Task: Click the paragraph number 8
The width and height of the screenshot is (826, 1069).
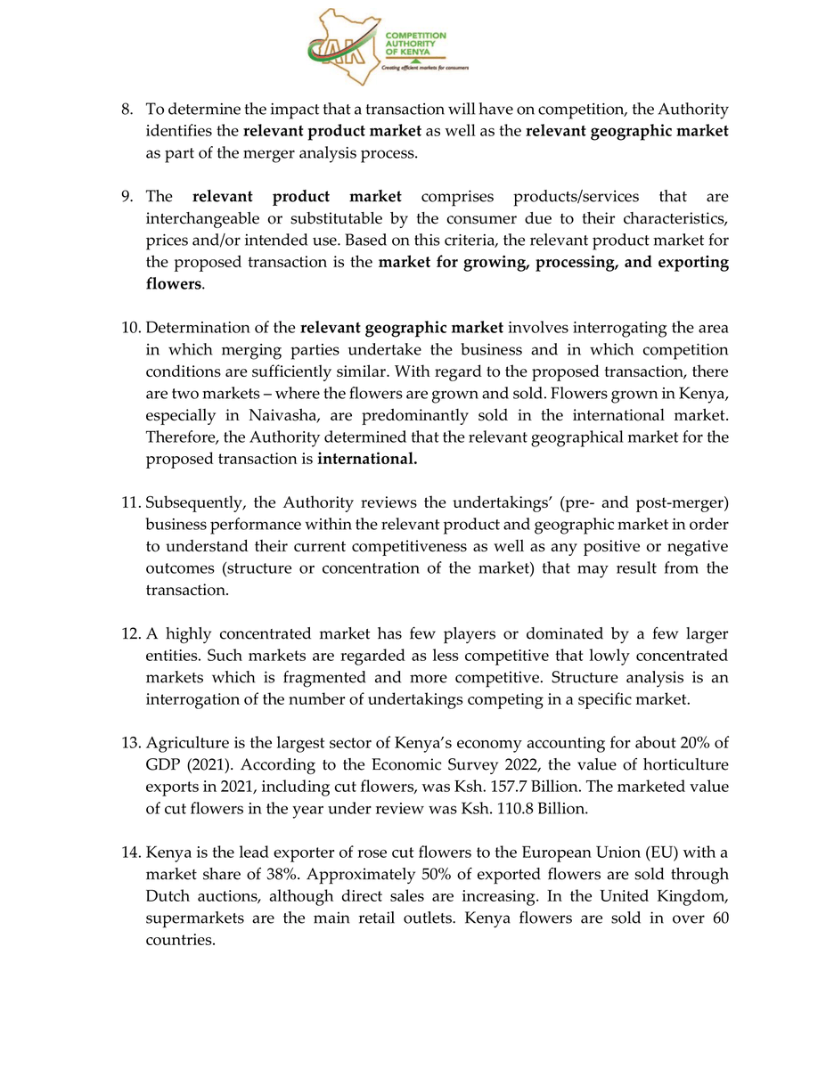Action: click(127, 110)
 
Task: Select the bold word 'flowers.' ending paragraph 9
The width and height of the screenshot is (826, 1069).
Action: click(175, 285)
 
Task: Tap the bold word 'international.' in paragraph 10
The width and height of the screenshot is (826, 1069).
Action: click(367, 460)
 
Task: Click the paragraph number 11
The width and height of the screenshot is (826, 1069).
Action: click(130, 502)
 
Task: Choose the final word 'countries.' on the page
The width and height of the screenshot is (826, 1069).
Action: click(181, 940)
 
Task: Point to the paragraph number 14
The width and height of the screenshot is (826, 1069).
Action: click(131, 853)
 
